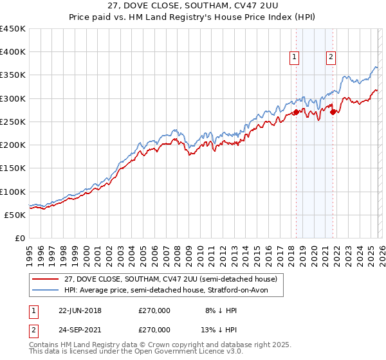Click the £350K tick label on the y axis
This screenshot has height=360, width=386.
(x=13, y=75)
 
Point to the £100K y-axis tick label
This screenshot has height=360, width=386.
(x=13, y=192)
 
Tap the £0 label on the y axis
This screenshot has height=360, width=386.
(x=19, y=239)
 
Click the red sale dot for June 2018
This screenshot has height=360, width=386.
(x=296, y=113)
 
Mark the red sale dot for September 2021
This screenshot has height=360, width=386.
(x=333, y=113)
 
